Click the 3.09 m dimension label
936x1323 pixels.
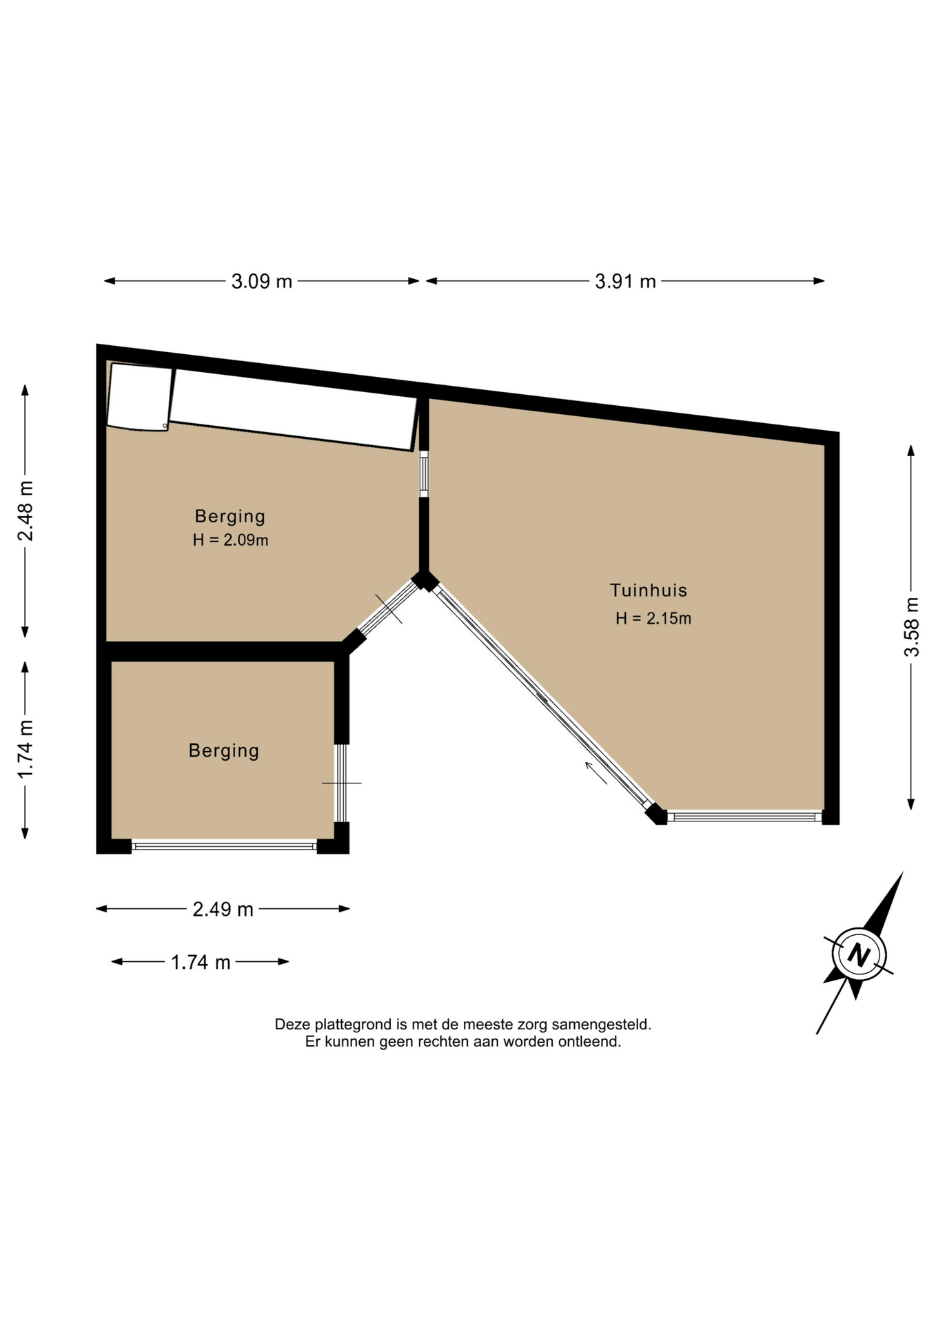click(x=262, y=281)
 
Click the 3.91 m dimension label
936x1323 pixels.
click(x=625, y=281)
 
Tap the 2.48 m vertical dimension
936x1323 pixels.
click(x=26, y=511)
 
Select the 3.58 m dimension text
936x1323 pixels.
click(x=911, y=627)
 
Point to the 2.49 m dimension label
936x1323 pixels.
click(x=223, y=910)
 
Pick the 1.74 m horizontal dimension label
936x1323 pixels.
click(x=201, y=962)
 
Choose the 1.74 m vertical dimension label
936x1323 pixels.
click(x=26, y=750)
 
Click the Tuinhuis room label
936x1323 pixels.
click(x=649, y=590)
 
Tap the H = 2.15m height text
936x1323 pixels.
click(x=653, y=618)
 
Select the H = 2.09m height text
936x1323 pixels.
click(x=230, y=540)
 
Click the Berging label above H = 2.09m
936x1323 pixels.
click(x=230, y=516)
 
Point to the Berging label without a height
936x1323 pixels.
click(x=224, y=750)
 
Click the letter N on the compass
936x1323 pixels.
click(x=858, y=955)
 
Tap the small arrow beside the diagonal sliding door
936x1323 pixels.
click(x=596, y=773)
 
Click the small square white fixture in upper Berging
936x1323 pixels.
click(x=139, y=397)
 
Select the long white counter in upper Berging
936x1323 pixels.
click(x=293, y=410)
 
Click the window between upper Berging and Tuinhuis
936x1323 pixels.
click(x=424, y=473)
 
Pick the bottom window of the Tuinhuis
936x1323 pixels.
click(x=744, y=817)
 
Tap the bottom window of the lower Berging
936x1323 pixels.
click(x=224, y=845)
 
